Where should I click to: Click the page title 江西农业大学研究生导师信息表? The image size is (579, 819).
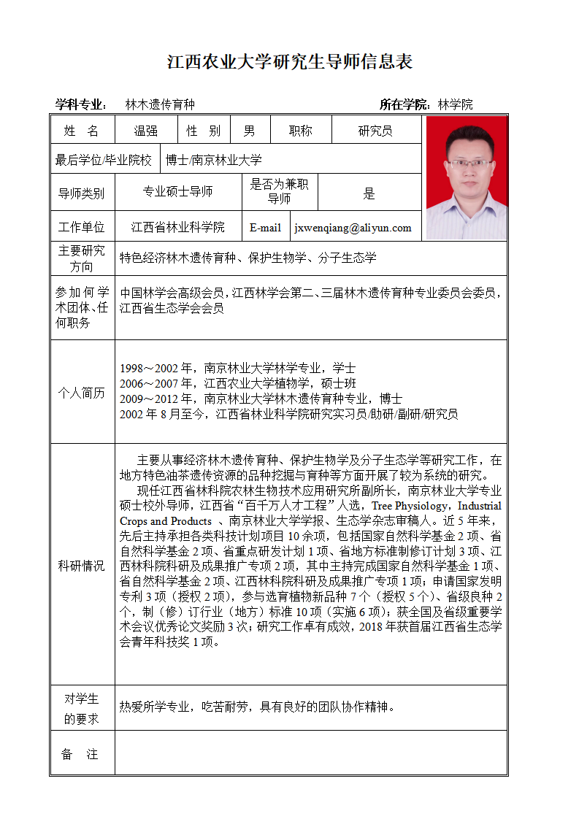(x=290, y=61)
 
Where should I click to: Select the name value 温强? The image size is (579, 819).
(x=145, y=131)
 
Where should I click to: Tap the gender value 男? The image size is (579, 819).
(x=250, y=131)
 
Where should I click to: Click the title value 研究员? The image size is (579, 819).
(x=375, y=131)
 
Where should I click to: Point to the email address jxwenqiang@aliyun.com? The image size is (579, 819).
(x=353, y=228)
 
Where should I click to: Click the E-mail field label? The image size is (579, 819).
(x=265, y=228)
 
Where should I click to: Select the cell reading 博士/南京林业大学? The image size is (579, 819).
(x=213, y=160)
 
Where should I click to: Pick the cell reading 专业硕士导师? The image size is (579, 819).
(x=177, y=191)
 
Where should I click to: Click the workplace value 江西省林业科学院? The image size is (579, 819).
(x=177, y=228)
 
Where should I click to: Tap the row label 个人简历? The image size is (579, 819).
(x=82, y=393)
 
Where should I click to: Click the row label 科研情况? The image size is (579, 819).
(x=82, y=566)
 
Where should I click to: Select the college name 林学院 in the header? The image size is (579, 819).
(x=455, y=104)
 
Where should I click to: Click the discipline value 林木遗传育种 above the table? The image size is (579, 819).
(x=160, y=104)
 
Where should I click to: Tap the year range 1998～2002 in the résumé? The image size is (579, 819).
(x=149, y=368)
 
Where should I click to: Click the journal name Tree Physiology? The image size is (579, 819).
(x=412, y=506)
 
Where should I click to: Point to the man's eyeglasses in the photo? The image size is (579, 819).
(x=470, y=162)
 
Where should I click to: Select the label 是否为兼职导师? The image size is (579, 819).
(x=279, y=191)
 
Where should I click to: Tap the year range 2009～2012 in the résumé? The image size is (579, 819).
(x=149, y=399)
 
